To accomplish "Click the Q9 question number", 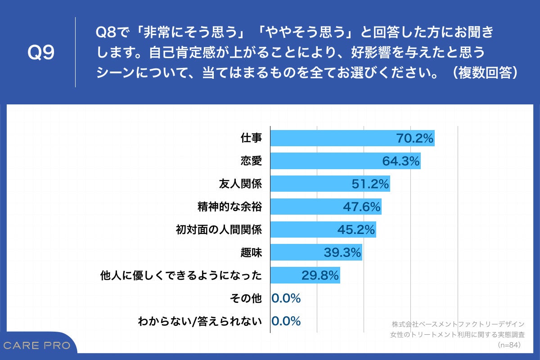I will [x=40, y=53].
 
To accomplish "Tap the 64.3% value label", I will [x=401, y=161].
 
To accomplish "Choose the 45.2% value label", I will [x=356, y=229].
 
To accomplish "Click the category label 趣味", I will [x=251, y=253].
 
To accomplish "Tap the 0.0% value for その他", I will [x=286, y=298].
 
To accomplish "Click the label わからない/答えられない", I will [x=200, y=321].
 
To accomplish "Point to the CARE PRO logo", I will [x=37, y=346].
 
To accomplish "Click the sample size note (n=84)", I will [x=509, y=345].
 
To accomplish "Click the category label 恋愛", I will [x=251, y=161].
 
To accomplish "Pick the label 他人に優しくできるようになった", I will [x=181, y=275].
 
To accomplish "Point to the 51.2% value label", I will [x=370, y=184].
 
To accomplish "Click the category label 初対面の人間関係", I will [x=218, y=229].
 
